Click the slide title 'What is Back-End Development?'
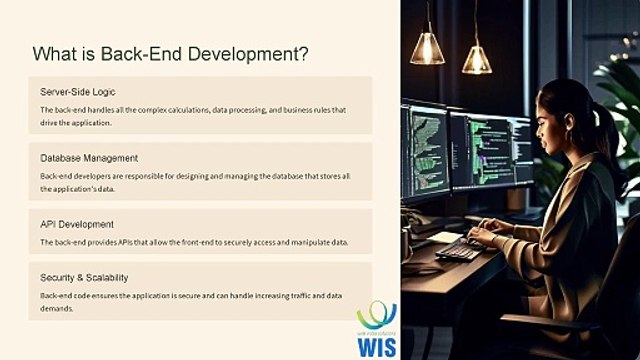point(170,53)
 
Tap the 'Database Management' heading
point(89,158)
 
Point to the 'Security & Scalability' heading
point(84,277)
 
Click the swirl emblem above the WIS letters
point(377,315)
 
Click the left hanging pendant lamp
point(427,47)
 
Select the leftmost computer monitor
point(423,149)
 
